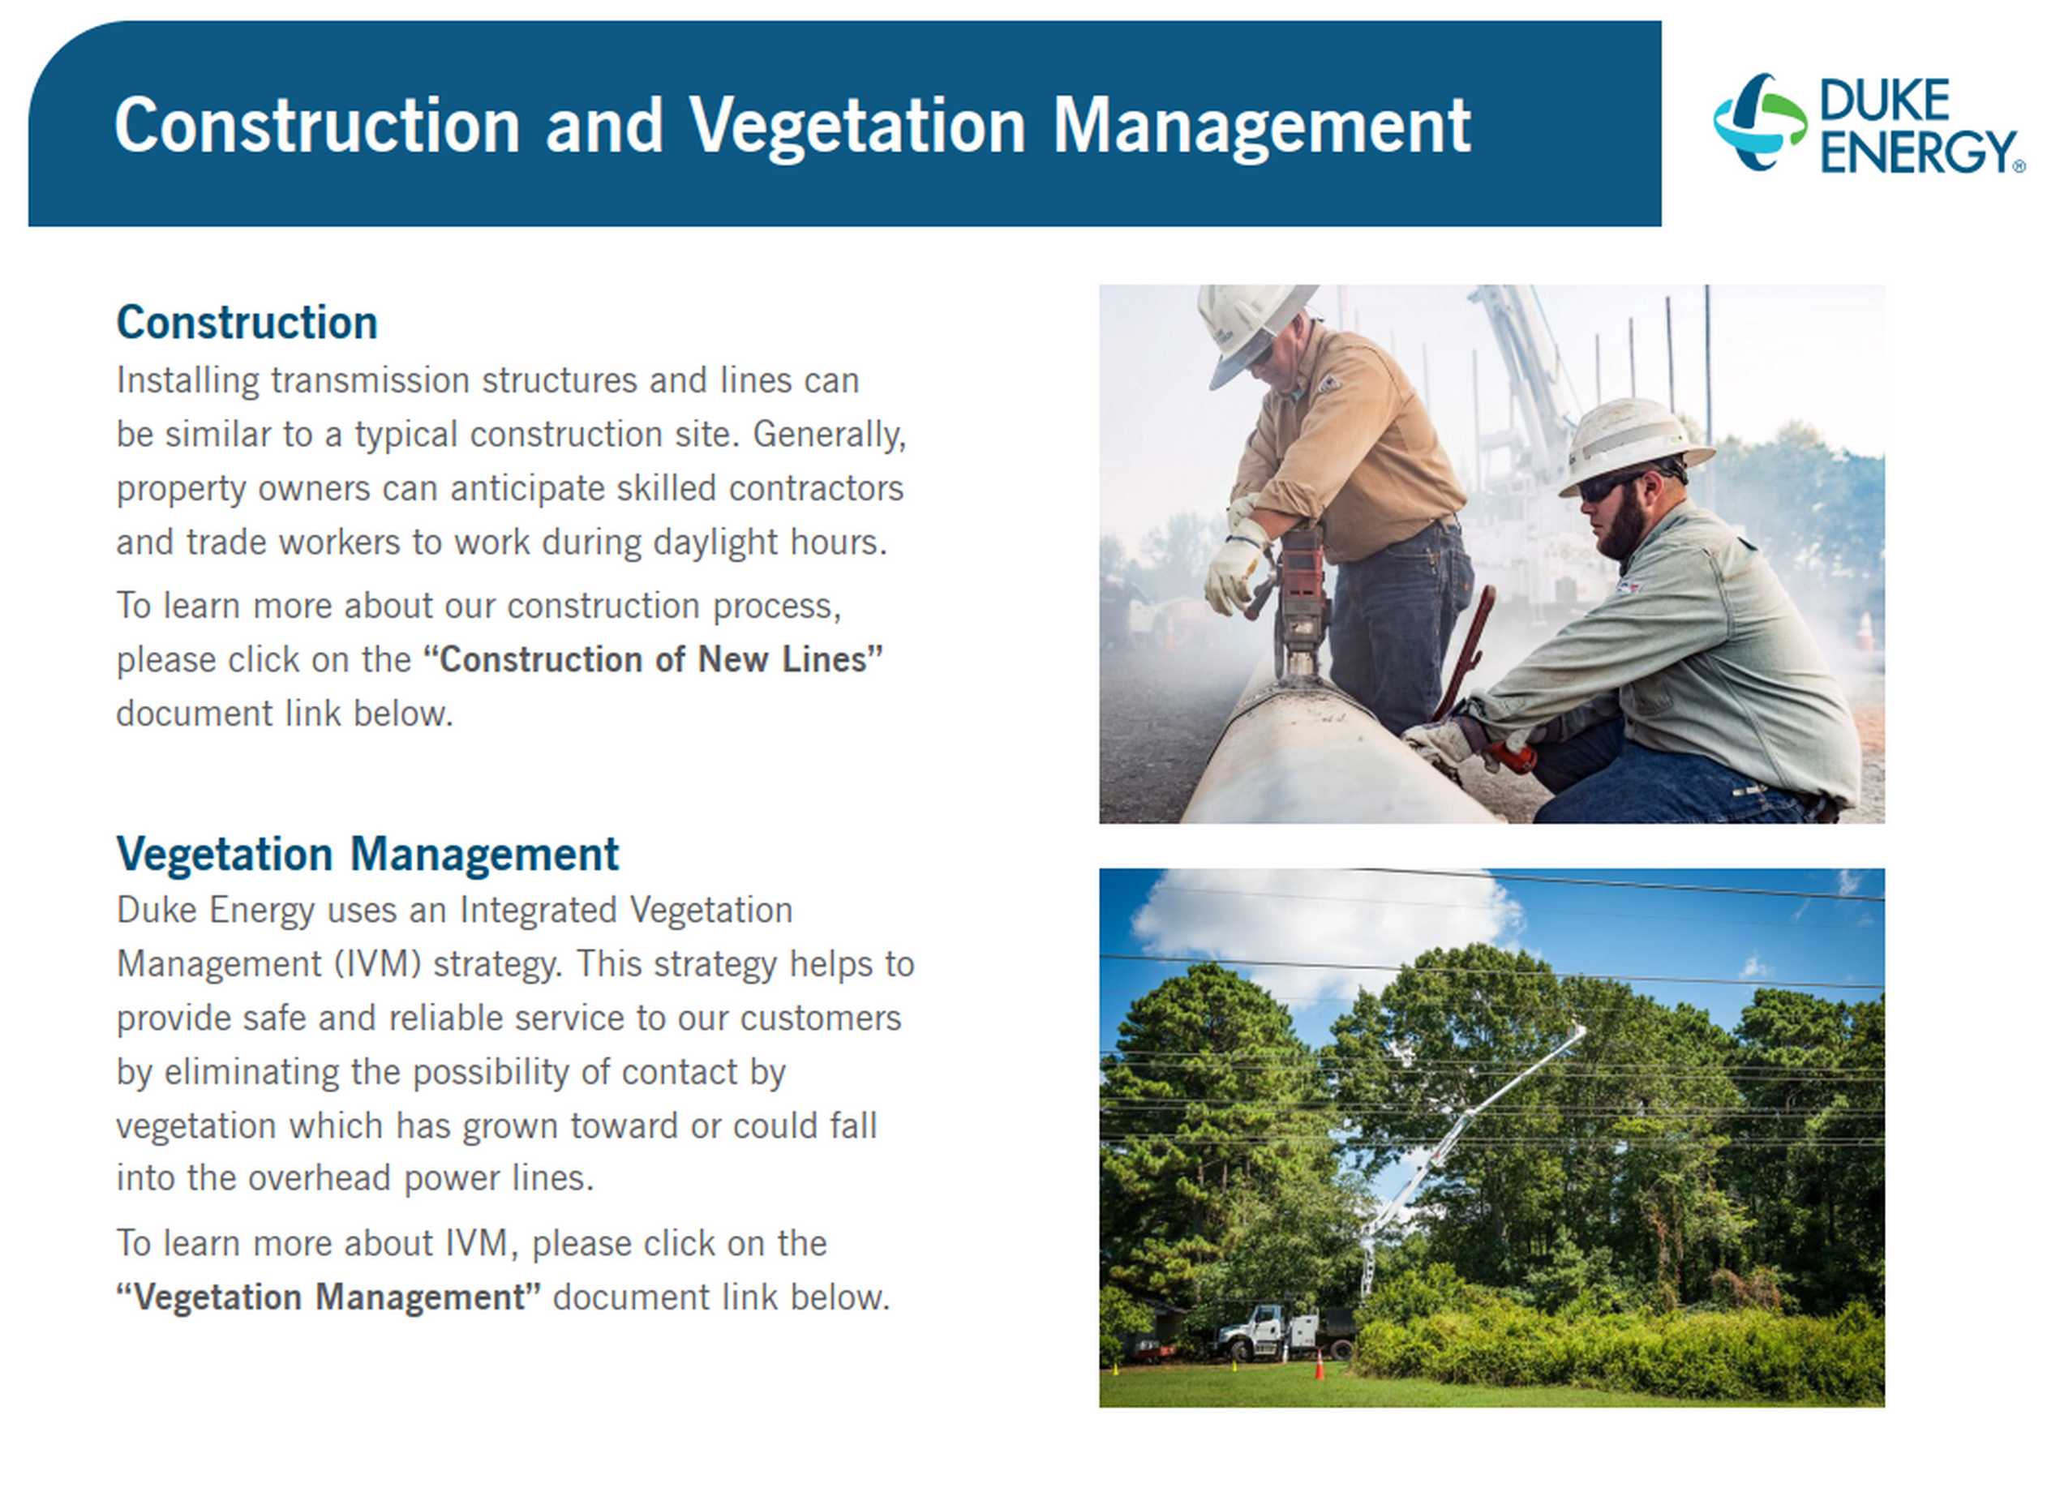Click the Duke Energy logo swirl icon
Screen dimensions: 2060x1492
(1759, 122)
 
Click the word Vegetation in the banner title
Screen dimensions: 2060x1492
(856, 126)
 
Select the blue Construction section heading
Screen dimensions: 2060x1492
(247, 323)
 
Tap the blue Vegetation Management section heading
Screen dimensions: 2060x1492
(368, 854)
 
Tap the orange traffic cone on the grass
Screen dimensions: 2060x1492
(1319, 1365)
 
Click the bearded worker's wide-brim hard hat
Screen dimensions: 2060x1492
(1633, 446)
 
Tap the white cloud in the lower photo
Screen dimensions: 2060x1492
(1326, 926)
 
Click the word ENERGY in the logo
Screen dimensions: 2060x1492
(1916, 151)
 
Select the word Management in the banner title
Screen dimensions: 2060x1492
(1262, 126)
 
